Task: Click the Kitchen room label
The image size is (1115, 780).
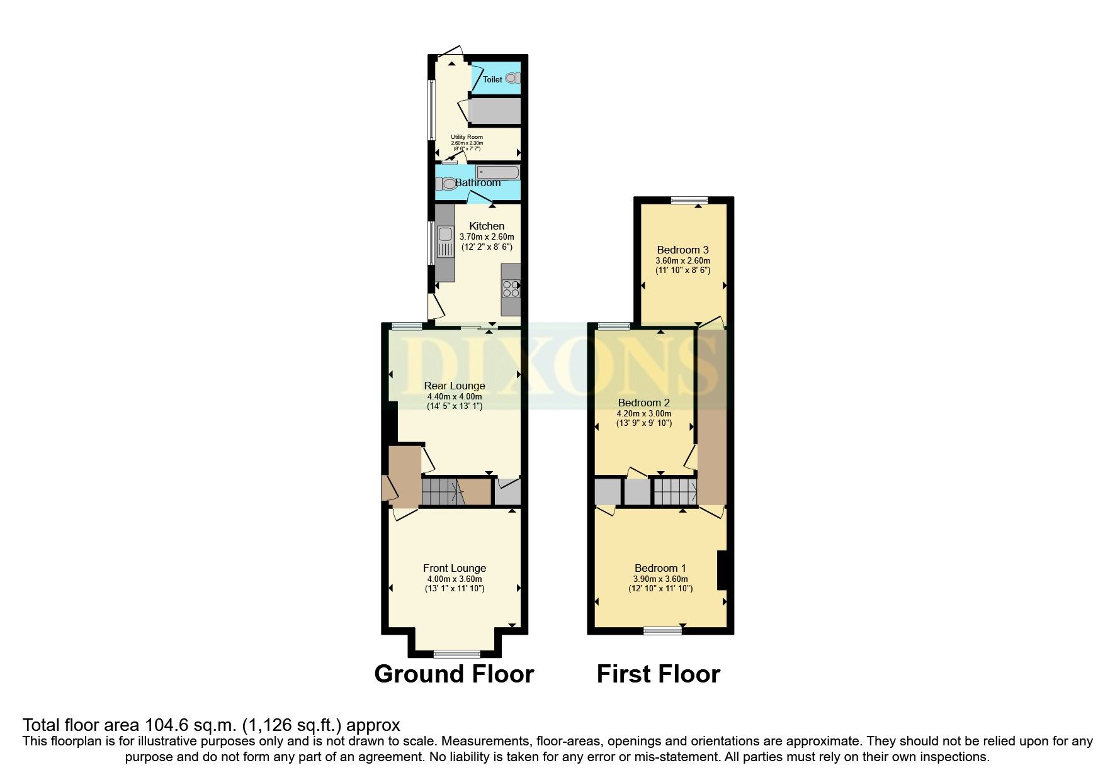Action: pyautogui.click(x=487, y=226)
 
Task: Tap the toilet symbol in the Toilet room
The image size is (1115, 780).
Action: pyautogui.click(x=513, y=79)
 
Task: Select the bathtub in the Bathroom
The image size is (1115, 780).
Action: pyautogui.click(x=497, y=172)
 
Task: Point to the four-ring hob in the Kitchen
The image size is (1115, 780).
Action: pyautogui.click(x=511, y=288)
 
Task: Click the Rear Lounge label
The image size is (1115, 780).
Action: pyautogui.click(x=455, y=386)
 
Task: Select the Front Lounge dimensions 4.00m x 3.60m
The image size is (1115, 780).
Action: pyautogui.click(x=455, y=579)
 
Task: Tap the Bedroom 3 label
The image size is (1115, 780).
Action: pyautogui.click(x=682, y=250)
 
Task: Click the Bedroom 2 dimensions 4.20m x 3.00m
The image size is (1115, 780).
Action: pyautogui.click(x=643, y=413)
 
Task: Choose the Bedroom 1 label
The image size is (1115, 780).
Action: pyautogui.click(x=660, y=568)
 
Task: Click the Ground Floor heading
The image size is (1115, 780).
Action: pyautogui.click(x=454, y=674)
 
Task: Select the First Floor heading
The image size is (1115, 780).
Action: pyautogui.click(x=658, y=674)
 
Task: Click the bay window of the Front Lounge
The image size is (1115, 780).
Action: pyautogui.click(x=457, y=653)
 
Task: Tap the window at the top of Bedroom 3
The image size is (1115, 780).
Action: pyautogui.click(x=689, y=201)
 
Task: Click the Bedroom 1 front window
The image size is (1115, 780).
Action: pyautogui.click(x=662, y=630)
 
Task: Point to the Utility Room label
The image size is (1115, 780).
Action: pyautogui.click(x=467, y=137)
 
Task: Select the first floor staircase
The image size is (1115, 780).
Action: pyautogui.click(x=674, y=492)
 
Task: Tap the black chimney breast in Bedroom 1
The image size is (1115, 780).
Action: pyautogui.click(x=722, y=570)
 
